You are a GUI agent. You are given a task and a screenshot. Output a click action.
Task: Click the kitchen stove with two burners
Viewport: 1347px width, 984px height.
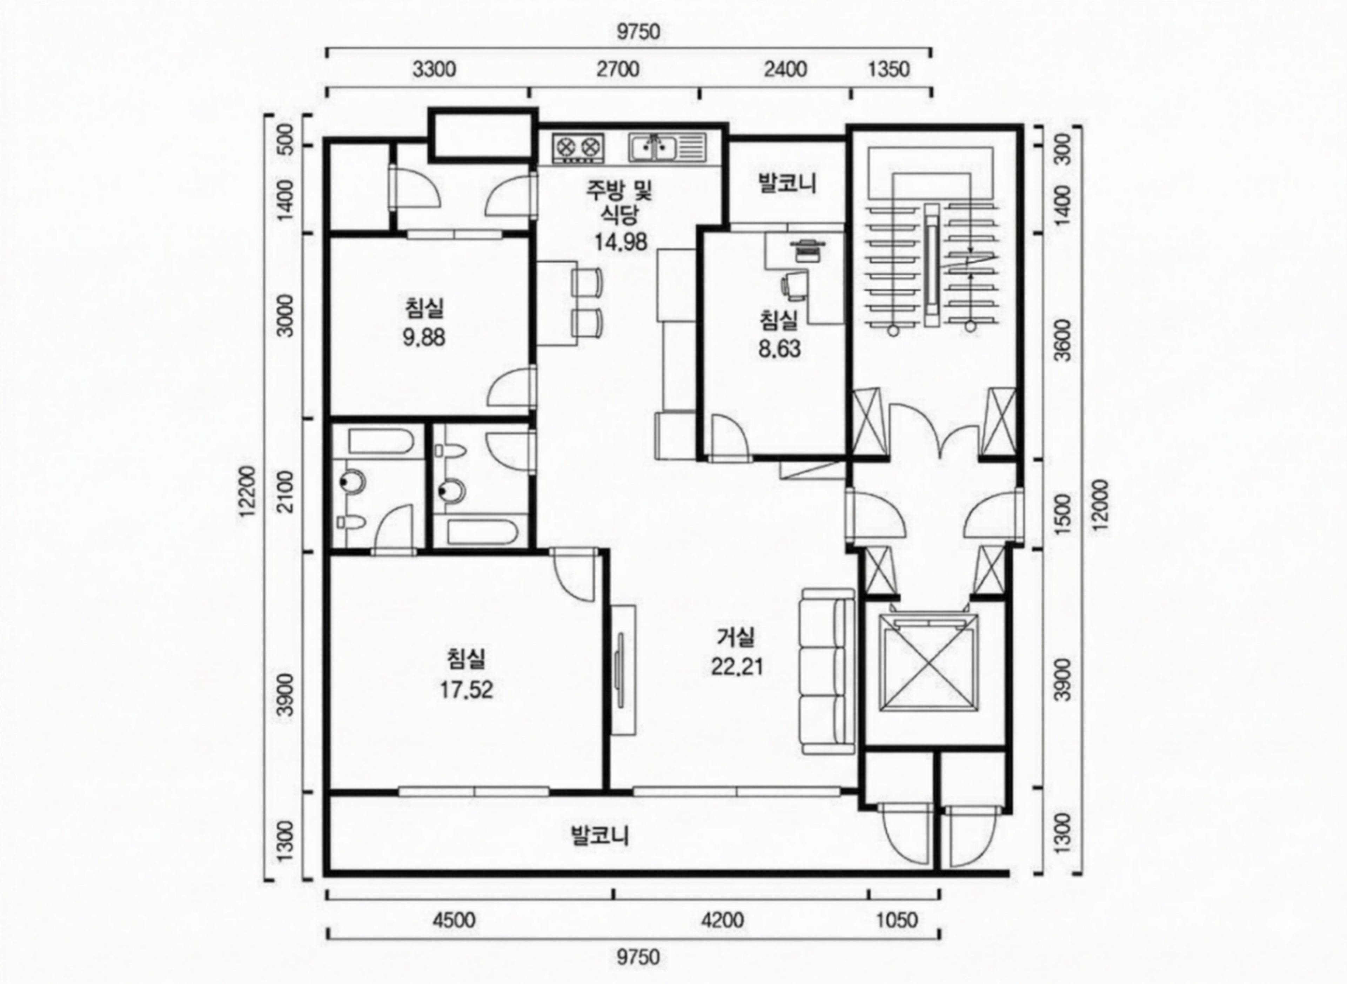[x=578, y=148]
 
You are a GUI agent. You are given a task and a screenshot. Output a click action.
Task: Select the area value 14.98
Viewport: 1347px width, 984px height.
[x=620, y=242]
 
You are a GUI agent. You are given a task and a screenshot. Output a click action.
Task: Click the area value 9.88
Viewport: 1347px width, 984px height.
[x=424, y=338]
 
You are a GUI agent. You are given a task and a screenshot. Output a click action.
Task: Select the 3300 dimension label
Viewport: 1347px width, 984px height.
[x=434, y=70]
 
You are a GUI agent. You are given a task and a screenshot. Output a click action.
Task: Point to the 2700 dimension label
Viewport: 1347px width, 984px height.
[x=618, y=70]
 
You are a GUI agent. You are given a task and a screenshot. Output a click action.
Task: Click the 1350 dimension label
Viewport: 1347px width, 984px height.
[x=888, y=70]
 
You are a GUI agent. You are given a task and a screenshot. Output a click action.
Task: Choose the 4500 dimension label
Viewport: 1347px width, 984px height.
[x=454, y=920]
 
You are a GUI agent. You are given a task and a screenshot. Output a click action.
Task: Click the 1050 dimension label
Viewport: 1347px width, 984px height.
[x=897, y=920]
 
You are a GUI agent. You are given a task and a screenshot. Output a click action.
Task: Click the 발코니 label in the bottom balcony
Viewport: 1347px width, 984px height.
[x=600, y=836]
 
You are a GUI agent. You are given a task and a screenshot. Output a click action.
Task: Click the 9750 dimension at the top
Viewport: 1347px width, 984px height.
[x=638, y=32]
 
